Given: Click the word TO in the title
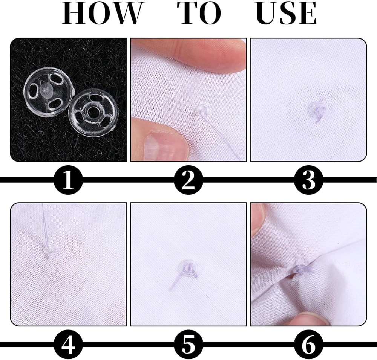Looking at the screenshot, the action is coord(199,13).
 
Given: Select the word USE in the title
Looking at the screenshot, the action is coord(287,13).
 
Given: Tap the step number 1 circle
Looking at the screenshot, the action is coord(68,180).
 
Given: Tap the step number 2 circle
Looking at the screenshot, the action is coord(188,180).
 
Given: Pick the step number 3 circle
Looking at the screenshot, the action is coord(309,180).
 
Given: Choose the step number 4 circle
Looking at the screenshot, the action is coord(68,345).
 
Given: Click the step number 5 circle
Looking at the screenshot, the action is coord(188,345).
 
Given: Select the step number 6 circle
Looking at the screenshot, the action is coord(309,345).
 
